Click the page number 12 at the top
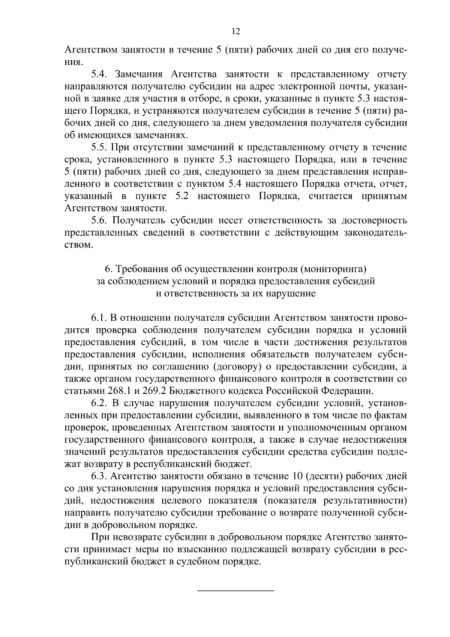pyautogui.click(x=236, y=32)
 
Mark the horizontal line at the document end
pyautogui.click(x=236, y=592)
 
